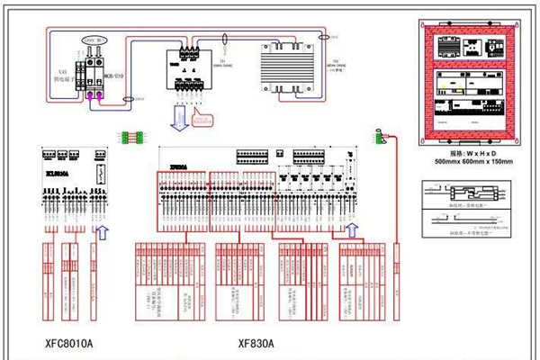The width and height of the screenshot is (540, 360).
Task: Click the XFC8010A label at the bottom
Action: [x=68, y=343]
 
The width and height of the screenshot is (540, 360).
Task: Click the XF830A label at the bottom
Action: [x=256, y=343]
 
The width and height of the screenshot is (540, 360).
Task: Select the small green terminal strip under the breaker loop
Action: [x=131, y=139]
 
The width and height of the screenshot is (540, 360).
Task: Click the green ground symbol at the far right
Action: [x=379, y=136]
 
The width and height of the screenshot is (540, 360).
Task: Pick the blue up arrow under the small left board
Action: [x=101, y=232]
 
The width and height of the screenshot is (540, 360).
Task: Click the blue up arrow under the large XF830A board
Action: [x=353, y=232]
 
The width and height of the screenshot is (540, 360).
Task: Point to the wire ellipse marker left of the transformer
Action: [x=223, y=40]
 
